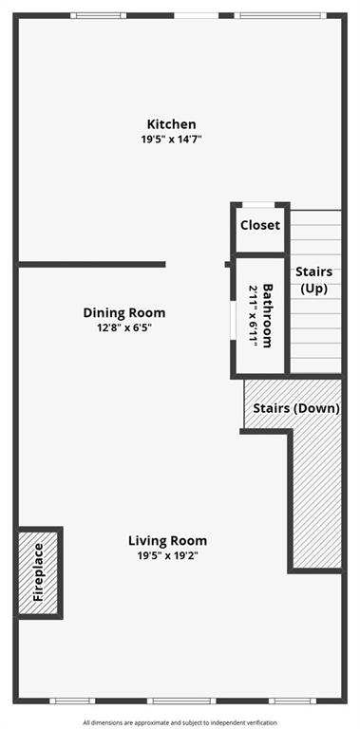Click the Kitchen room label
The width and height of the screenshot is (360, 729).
pyautogui.click(x=171, y=124)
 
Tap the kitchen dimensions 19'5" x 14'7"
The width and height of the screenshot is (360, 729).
pyautogui.click(x=171, y=140)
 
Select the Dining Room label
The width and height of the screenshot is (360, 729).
pyautogui.click(x=124, y=313)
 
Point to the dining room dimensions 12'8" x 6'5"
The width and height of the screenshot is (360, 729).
pyautogui.click(x=124, y=327)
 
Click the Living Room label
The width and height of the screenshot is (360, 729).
pyautogui.click(x=167, y=541)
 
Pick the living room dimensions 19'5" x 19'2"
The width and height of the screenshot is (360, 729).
pyautogui.click(x=167, y=555)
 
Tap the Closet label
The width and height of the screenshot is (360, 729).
pyautogui.click(x=260, y=226)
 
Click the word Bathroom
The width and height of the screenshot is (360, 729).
pyautogui.click(x=268, y=316)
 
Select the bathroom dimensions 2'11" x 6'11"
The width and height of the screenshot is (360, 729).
pyautogui.click(x=253, y=316)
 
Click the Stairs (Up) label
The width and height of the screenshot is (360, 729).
pyautogui.click(x=314, y=280)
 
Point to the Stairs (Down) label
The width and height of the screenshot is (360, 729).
pyautogui.click(x=296, y=409)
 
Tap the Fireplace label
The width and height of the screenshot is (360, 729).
pyautogui.click(x=38, y=572)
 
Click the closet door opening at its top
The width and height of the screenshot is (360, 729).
pyautogui.click(x=258, y=205)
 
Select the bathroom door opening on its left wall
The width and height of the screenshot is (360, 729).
pyautogui.click(x=233, y=322)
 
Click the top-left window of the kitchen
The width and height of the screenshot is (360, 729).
pyautogui.click(x=98, y=16)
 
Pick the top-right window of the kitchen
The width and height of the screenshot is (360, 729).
pyautogui.click(x=280, y=16)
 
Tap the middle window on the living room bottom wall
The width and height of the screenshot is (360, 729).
pyautogui.click(x=181, y=701)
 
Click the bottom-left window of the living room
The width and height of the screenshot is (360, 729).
pyautogui.click(x=72, y=701)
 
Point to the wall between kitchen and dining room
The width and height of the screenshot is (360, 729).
pyautogui.click(x=92, y=265)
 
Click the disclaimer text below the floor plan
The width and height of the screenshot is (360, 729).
pyautogui.click(x=180, y=722)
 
